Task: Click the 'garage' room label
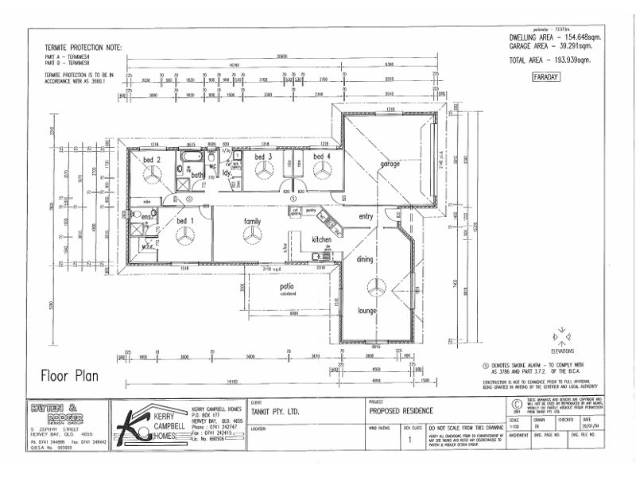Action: [x=390, y=164]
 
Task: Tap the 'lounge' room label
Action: [x=367, y=311]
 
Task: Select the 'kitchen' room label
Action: [x=321, y=239]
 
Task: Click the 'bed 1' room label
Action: [x=185, y=220]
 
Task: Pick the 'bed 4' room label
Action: [x=321, y=157]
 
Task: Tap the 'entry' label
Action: [x=366, y=216]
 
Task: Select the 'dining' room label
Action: [x=364, y=259]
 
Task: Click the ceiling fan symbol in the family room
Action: [x=252, y=235]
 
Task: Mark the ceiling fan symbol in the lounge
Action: [x=370, y=286]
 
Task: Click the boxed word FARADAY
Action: [x=545, y=77]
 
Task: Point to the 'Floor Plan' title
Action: [x=69, y=375]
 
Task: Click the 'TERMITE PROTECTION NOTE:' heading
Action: [x=83, y=48]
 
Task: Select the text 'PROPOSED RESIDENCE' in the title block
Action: [x=402, y=411]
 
